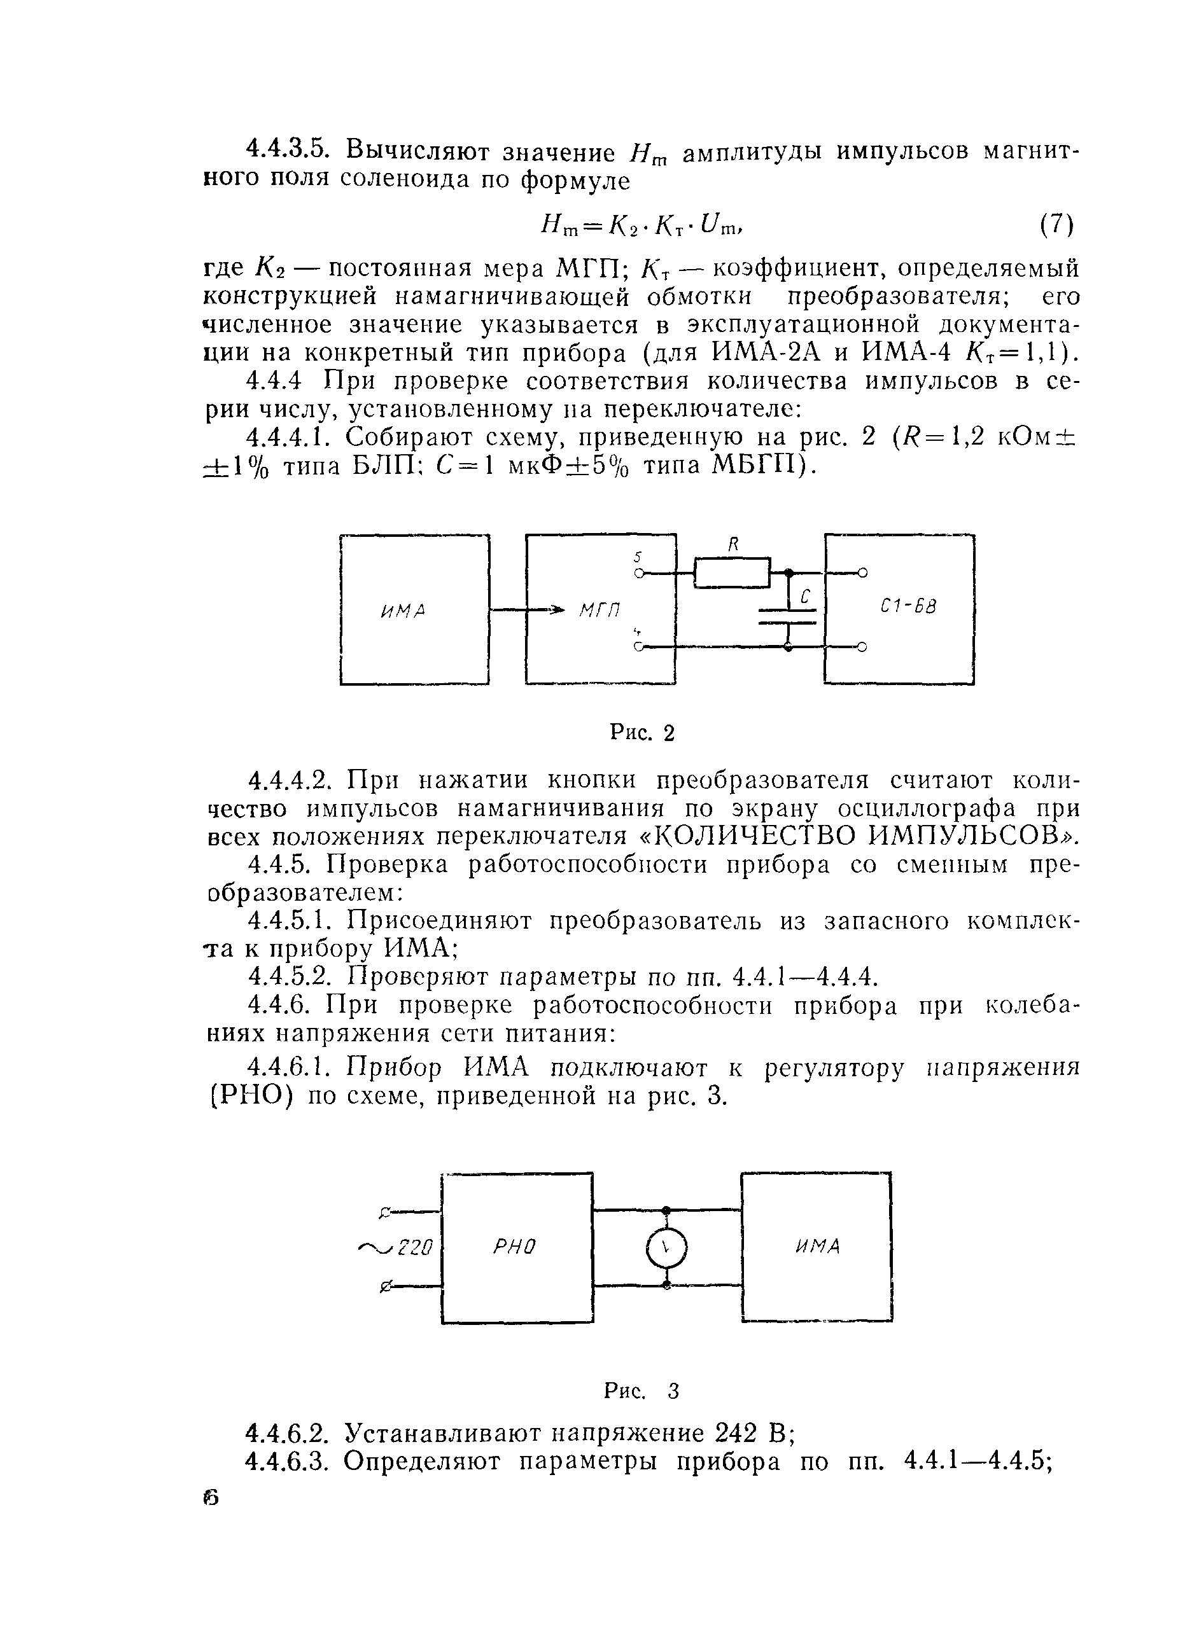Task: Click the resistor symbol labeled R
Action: (732, 572)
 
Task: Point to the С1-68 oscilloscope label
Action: (908, 605)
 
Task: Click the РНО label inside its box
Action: (515, 1247)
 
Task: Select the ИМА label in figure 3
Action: (817, 1246)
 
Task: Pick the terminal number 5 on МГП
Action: (638, 557)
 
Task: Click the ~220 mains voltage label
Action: (397, 1247)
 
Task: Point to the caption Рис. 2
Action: (642, 733)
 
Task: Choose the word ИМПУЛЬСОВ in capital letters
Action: (972, 836)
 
